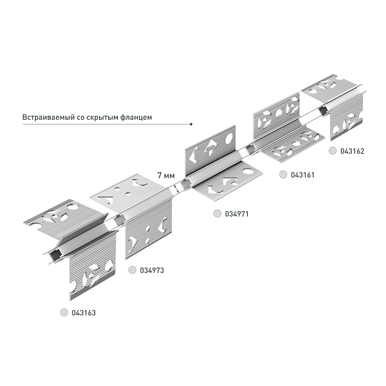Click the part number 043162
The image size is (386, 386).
(352, 152)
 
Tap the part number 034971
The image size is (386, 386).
(236, 214)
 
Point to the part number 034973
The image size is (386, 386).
(152, 270)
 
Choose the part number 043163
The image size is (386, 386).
(83, 313)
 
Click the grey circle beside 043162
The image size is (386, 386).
(332, 152)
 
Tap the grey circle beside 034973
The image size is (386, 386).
(132, 270)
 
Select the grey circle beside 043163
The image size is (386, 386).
(63, 313)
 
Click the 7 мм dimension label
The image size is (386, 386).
(166, 174)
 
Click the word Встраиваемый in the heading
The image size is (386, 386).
(45, 118)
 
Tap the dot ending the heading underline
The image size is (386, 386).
(191, 124)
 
